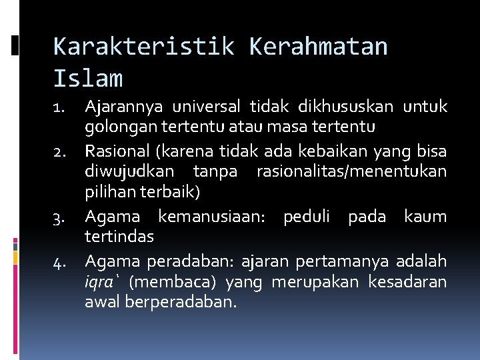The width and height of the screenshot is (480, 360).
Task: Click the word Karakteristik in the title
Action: pyautogui.click(x=143, y=47)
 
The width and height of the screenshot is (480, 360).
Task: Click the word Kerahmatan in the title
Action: pyautogui.click(x=318, y=47)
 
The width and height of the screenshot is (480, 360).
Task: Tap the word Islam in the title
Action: pyautogui.click(x=88, y=79)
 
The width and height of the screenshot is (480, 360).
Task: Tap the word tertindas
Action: pyautogui.click(x=119, y=237)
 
